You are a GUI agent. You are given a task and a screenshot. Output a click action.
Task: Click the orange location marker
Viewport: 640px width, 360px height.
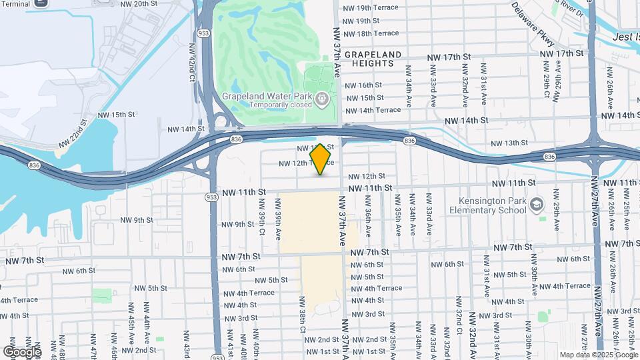pyautogui.click(x=321, y=159)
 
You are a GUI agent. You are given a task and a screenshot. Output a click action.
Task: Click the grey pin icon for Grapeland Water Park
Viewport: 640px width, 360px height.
pyautogui.click(x=323, y=99)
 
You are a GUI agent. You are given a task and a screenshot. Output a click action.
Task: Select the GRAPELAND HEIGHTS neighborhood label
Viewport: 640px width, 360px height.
pyautogui.click(x=373, y=59)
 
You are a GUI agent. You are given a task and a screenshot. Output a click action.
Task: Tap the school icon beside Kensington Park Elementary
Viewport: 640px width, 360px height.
pyautogui.click(x=538, y=203)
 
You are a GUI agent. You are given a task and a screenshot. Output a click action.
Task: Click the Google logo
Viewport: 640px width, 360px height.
pyautogui.click(x=22, y=351)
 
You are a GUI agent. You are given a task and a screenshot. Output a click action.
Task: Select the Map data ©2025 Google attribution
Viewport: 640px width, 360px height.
pyautogui.click(x=597, y=355)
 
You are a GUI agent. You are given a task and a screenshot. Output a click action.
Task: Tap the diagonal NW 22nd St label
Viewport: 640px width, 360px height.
pyautogui.click(x=73, y=135)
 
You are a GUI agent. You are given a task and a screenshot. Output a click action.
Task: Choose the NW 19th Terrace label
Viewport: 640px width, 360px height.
pyautogui.click(x=370, y=8)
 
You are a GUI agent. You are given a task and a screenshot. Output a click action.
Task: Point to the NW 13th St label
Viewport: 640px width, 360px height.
pyautogui.click(x=509, y=143)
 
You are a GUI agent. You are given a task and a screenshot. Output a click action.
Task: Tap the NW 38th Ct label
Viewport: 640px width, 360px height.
pyautogui.click(x=302, y=317)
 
